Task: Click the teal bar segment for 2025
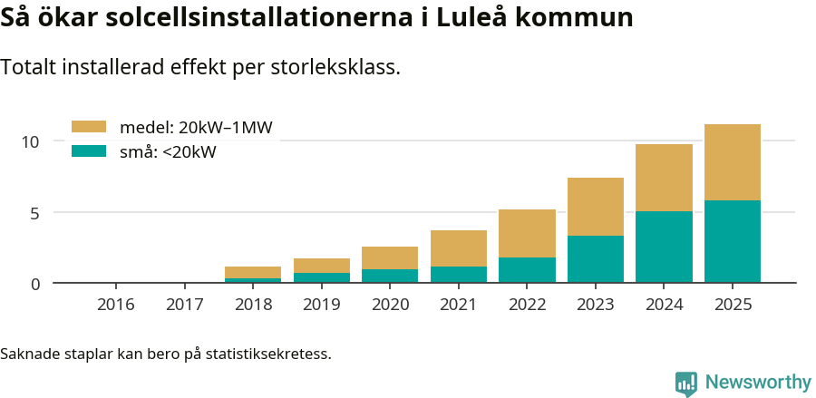click(x=732, y=241)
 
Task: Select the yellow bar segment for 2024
click(x=664, y=178)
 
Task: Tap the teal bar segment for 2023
click(x=595, y=259)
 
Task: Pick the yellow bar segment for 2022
click(x=527, y=233)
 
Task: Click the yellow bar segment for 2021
click(x=458, y=248)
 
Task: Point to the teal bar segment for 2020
click(x=390, y=276)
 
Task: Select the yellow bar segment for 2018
click(x=253, y=272)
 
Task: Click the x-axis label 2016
click(x=116, y=305)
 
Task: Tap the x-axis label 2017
click(x=184, y=305)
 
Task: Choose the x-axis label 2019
click(x=321, y=305)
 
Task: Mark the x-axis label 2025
click(x=732, y=305)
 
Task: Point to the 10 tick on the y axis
click(x=31, y=141)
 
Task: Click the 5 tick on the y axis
click(x=35, y=213)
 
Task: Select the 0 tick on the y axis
click(x=35, y=284)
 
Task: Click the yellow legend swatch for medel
click(x=89, y=128)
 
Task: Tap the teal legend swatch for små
click(x=89, y=151)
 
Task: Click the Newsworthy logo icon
click(x=686, y=383)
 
